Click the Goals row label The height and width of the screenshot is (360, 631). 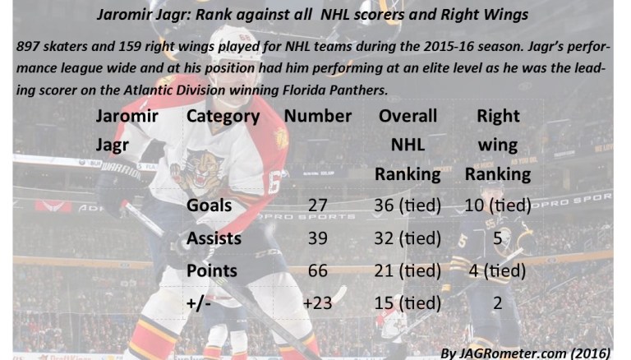tap(210, 206)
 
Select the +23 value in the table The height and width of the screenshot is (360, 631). tap(318, 302)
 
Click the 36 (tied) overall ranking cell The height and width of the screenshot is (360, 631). tap(408, 206)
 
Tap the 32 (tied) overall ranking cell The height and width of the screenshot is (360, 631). tap(408, 238)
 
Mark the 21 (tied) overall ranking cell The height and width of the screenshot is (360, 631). tap(408, 270)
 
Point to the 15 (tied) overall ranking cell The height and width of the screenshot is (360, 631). tap(408, 302)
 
